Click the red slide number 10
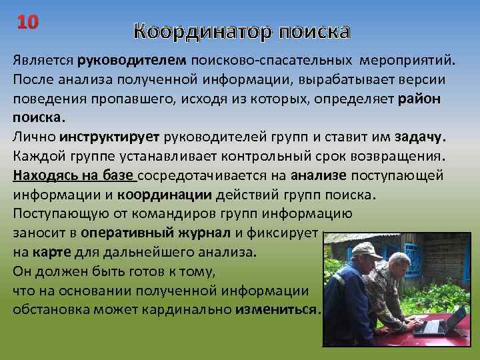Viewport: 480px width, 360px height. [29, 21]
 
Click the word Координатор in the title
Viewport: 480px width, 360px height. [201, 32]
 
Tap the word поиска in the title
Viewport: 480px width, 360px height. [314, 32]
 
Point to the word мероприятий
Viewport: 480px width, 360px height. [407, 61]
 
